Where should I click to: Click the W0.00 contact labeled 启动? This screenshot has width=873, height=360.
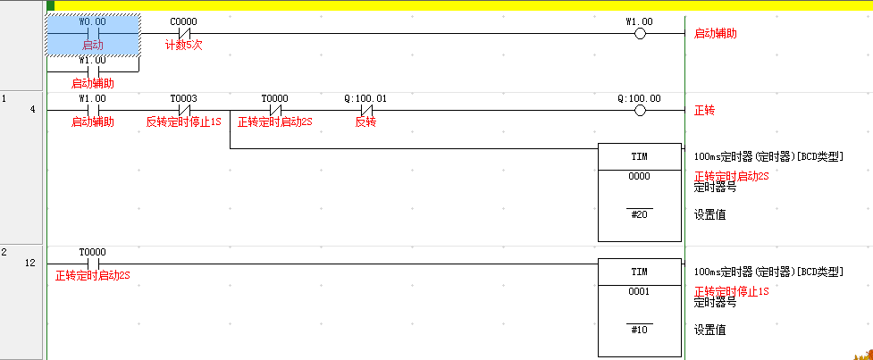click(x=92, y=34)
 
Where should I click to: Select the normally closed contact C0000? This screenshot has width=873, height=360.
click(x=184, y=34)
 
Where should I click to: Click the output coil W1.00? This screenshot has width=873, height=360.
click(x=639, y=34)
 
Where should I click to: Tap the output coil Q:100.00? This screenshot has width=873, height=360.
click(x=639, y=111)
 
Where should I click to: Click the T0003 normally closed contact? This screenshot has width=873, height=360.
click(x=184, y=111)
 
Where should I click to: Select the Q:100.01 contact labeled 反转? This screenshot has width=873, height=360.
click(x=365, y=111)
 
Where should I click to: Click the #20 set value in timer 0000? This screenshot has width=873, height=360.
click(x=639, y=214)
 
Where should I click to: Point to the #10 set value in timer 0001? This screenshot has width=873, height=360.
click(x=639, y=330)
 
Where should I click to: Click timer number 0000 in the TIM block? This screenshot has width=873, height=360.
click(x=639, y=176)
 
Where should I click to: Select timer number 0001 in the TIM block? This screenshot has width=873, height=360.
click(x=639, y=291)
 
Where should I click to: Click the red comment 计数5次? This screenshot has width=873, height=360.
click(x=184, y=45)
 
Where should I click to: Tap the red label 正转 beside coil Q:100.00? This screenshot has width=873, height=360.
click(x=705, y=111)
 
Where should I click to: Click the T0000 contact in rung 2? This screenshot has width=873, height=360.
click(x=92, y=263)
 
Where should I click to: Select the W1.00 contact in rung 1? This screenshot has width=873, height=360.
click(x=92, y=111)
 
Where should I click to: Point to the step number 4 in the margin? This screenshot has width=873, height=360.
click(x=34, y=111)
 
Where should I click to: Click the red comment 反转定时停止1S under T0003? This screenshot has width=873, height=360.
click(x=184, y=121)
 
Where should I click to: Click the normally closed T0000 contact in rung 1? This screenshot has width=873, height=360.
click(x=275, y=111)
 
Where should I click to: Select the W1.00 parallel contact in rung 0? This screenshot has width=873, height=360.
click(x=92, y=71)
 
